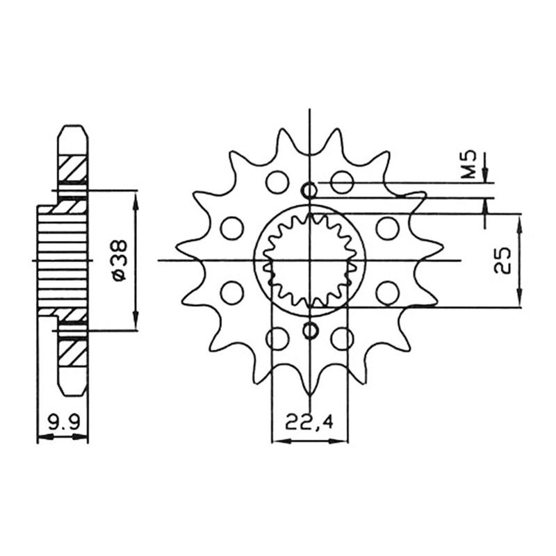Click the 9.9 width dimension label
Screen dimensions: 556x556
(x=63, y=423)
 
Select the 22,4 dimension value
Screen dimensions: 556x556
(x=309, y=423)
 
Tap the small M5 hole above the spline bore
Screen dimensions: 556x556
(x=309, y=191)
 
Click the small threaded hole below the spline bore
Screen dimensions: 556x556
(x=310, y=331)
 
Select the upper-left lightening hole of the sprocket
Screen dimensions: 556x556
(x=277, y=183)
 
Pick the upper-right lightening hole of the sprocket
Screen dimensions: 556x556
(x=342, y=183)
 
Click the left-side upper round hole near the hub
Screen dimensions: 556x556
(x=232, y=229)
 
